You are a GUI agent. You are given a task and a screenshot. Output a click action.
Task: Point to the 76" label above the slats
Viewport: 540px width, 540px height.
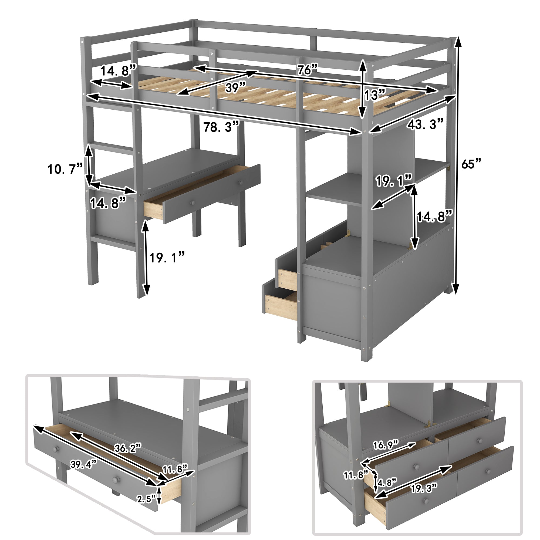click(x=307, y=70)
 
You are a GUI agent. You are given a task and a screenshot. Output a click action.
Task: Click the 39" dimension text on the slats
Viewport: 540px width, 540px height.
click(x=235, y=88)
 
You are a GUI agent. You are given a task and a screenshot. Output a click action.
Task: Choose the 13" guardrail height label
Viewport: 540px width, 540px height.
click(x=374, y=95)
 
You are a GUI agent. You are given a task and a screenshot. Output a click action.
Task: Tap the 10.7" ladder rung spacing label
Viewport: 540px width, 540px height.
click(x=65, y=169)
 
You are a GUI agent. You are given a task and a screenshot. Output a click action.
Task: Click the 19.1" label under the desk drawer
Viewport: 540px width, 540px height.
click(x=167, y=258)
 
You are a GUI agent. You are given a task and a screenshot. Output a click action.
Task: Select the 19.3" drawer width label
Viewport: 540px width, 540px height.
click(x=423, y=489)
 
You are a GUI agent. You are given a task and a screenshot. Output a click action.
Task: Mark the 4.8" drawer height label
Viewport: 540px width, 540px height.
click(x=387, y=482)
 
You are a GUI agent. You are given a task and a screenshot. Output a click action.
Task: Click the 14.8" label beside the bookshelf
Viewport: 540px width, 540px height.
click(x=434, y=217)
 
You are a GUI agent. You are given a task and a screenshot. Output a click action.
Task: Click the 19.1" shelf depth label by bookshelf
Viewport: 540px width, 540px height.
click(x=394, y=181)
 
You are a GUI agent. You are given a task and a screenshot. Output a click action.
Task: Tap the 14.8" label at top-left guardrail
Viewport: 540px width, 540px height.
click(x=118, y=71)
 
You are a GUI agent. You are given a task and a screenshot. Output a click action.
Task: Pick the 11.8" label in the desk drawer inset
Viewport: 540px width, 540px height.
click(x=175, y=469)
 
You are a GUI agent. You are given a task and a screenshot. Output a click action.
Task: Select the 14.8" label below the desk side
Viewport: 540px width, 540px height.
click(x=108, y=203)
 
